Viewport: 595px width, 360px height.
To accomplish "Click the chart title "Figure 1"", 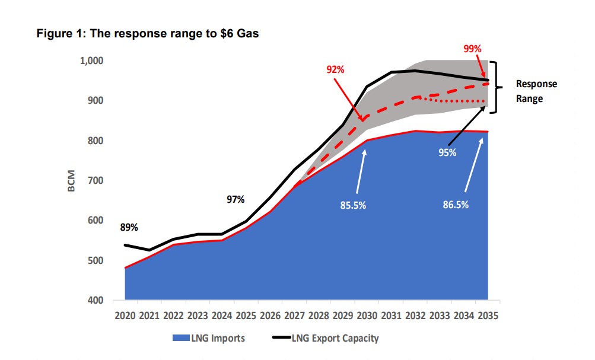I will pos(148,34).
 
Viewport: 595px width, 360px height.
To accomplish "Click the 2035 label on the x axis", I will pos(488,316).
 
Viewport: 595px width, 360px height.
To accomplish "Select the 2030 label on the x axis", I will pos(367,316).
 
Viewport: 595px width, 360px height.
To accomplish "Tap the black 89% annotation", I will pos(129,227).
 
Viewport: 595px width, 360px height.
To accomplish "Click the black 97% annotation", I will pos(236,199).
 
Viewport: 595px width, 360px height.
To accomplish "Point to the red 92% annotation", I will pos(335,69).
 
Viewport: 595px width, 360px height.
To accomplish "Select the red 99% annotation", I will pos(472,49).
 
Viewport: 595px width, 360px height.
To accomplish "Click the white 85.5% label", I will pos(353,206).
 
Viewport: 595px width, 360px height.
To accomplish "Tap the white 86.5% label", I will pos(455,206).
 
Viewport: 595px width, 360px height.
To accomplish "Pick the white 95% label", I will pos(447,153).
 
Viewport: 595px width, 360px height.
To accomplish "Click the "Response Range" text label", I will pos(536,91).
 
